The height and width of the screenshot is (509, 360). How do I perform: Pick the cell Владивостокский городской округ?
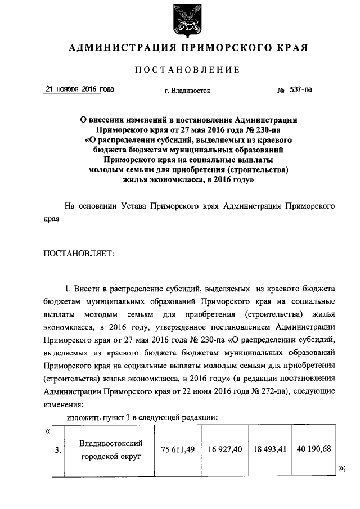tap(110, 450)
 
